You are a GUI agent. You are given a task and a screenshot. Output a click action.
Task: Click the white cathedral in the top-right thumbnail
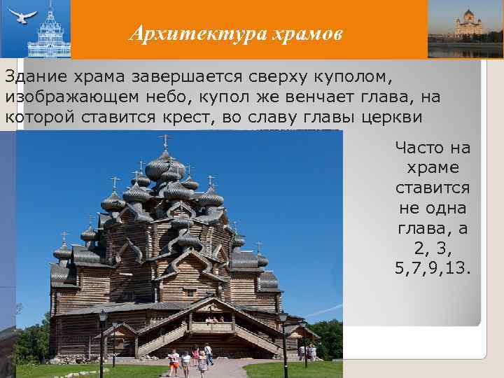tap(468, 24)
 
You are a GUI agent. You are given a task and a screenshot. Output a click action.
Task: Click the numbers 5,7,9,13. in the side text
tap(432, 269)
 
